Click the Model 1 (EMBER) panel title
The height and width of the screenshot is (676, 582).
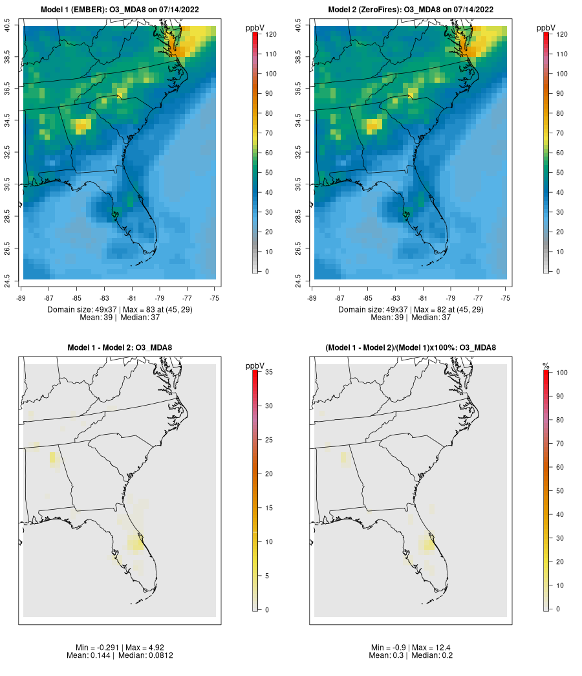[x=120, y=10]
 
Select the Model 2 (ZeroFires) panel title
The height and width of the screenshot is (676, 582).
[x=411, y=10]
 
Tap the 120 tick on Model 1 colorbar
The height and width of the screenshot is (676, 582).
[x=271, y=34]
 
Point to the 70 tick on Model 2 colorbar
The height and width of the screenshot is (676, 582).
[x=559, y=133]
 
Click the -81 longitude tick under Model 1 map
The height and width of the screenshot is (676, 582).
[x=132, y=298]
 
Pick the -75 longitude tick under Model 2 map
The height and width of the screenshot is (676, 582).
[x=506, y=298]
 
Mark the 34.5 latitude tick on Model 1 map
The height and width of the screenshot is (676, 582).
[x=7, y=120]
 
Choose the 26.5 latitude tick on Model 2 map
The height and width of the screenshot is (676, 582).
[x=298, y=249]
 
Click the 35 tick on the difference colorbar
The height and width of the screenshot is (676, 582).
[x=268, y=371]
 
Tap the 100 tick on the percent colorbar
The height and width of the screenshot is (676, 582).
[x=562, y=373]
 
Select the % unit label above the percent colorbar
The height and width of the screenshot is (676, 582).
[x=546, y=366]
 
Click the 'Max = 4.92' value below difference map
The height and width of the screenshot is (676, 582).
[x=145, y=648]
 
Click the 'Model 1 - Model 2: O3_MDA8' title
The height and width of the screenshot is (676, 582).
[x=120, y=347]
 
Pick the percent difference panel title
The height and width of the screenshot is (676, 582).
[x=411, y=347]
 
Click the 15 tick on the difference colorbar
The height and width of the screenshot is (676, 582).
[x=268, y=508]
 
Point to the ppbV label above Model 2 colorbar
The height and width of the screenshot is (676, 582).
[x=546, y=28]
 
